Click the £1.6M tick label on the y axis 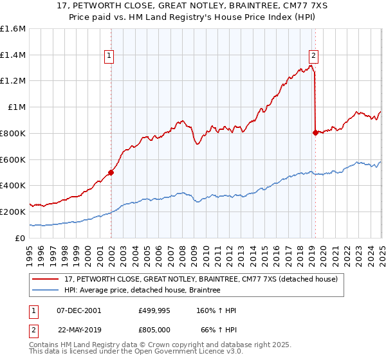point(13,29)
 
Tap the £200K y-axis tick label point(13,212)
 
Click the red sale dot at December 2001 point(111,172)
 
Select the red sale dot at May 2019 point(315,132)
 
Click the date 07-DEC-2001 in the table point(79,310)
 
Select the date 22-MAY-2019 point(79,330)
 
